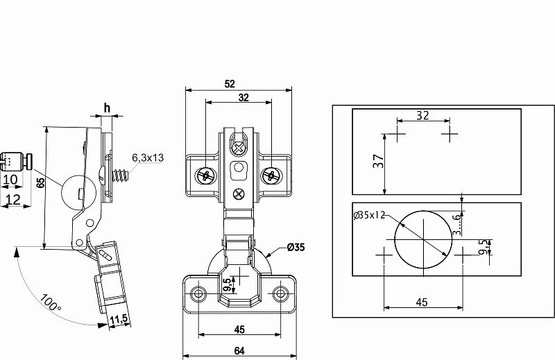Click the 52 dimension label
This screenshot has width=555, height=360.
click(230, 84)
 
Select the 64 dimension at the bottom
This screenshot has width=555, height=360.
click(239, 351)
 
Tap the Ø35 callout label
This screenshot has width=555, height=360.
click(296, 247)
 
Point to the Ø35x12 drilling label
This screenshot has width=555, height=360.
click(369, 215)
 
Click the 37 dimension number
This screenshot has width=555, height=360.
click(379, 161)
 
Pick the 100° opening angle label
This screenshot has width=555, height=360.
click(50, 302)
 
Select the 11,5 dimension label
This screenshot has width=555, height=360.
click(119, 319)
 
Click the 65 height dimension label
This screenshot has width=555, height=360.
click(41, 182)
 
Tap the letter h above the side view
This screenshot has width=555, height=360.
click(107, 108)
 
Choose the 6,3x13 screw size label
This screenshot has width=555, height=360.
click(148, 157)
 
